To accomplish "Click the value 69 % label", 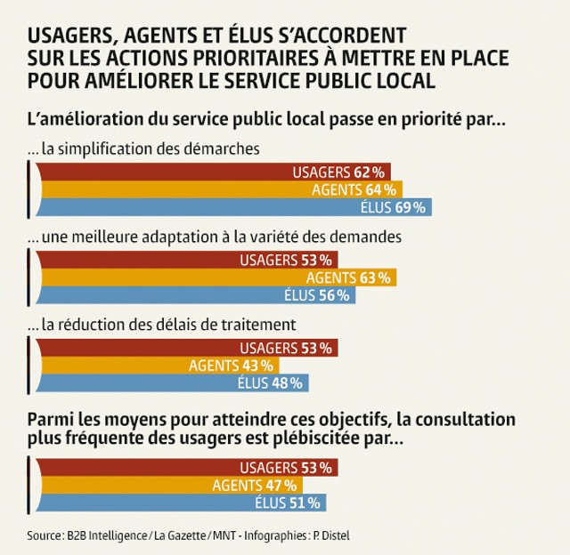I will click(x=410, y=207).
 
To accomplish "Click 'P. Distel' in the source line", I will click(x=341, y=536).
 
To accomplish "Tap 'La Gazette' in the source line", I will click(x=180, y=536).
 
